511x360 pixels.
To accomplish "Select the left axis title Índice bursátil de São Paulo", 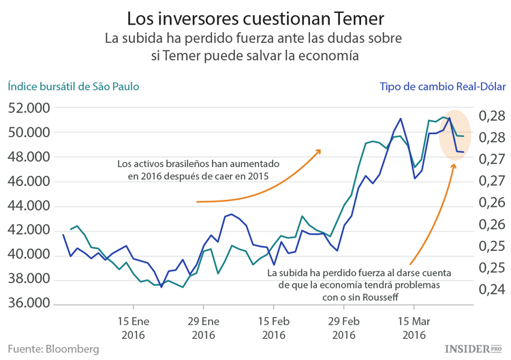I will [74, 87].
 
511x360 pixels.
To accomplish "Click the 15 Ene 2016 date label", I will [134, 327].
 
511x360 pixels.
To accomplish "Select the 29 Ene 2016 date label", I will [204, 327].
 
